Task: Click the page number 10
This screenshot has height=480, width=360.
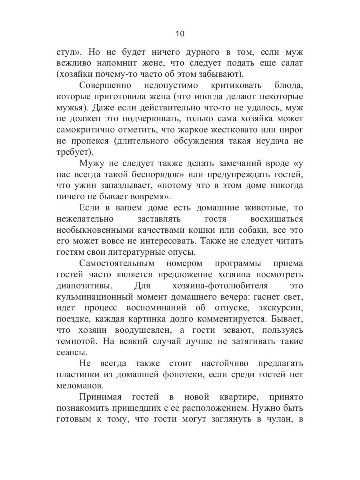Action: click(180, 34)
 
